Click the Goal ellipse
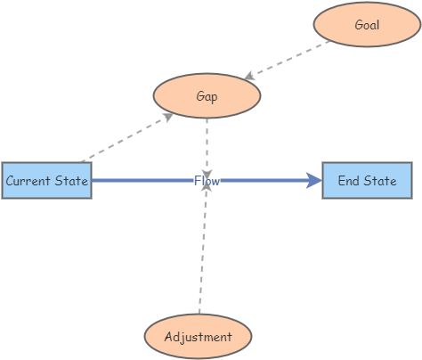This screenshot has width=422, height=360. (366, 25)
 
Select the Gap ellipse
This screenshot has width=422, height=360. (207, 94)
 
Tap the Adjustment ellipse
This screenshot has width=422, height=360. (198, 337)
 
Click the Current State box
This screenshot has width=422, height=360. (46, 181)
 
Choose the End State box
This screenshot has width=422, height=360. (367, 181)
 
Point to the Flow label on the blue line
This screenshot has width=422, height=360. (207, 181)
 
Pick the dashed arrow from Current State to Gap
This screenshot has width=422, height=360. (125, 138)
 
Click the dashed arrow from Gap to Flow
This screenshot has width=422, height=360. (207, 143)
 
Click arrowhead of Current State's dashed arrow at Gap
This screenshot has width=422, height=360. (169, 115)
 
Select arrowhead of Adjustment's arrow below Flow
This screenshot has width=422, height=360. (206, 192)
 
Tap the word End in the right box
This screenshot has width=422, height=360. (347, 181)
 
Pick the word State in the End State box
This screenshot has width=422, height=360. (378, 181)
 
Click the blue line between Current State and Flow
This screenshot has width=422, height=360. (142, 181)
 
